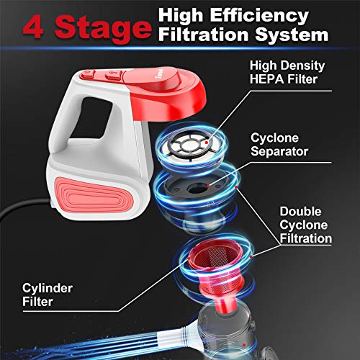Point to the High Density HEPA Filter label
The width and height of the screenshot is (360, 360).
pyautogui.click(x=283, y=71)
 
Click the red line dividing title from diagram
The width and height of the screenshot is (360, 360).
pyautogui.click(x=180, y=49)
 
